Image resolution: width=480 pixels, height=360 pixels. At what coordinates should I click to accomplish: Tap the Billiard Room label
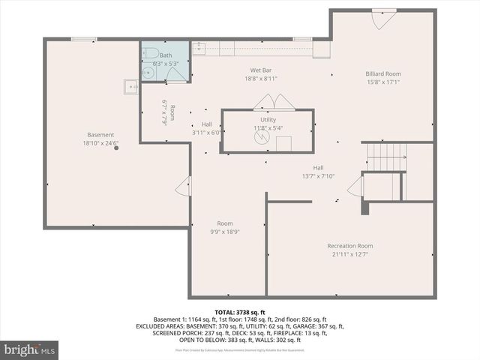[x=383, y=73]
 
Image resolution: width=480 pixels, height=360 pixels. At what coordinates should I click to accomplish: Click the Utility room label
[x=268, y=120]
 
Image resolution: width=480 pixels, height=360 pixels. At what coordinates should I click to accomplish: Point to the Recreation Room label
[x=349, y=246]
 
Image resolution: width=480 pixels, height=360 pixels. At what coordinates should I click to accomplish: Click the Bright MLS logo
[x=29, y=349]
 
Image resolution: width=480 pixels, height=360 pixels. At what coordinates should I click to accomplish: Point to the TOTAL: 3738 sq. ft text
[x=240, y=312]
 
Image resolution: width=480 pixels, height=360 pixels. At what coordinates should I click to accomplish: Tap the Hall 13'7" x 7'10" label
[x=318, y=176]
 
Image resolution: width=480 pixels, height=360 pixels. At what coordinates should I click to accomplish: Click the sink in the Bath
[x=147, y=73]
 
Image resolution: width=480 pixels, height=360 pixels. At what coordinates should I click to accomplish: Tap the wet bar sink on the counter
[x=199, y=49]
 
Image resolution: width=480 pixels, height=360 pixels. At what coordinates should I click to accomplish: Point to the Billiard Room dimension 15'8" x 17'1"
[x=383, y=82]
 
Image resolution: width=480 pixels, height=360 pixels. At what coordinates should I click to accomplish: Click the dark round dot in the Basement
[x=116, y=148]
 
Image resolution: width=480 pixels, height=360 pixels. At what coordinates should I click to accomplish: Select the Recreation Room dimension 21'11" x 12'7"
[x=349, y=254]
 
